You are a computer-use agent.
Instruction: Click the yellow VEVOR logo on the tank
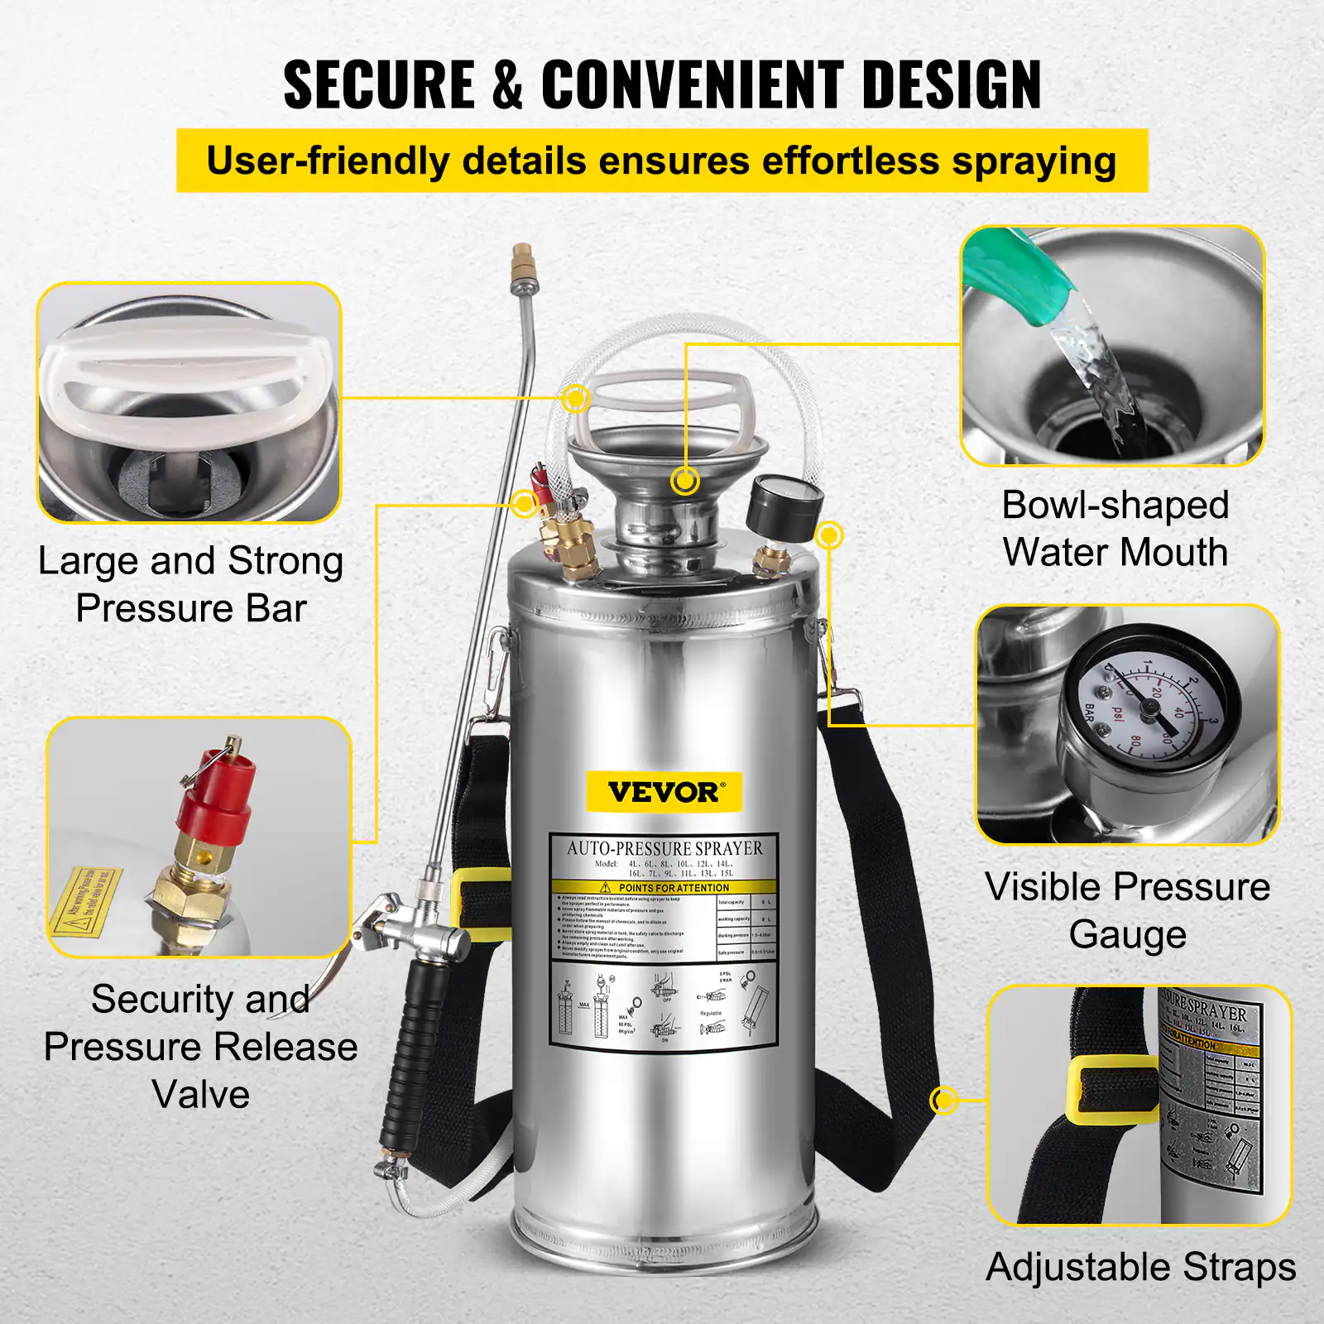(x=664, y=792)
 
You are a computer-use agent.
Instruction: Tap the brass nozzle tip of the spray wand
(x=522, y=263)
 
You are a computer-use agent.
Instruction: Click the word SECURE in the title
(x=379, y=84)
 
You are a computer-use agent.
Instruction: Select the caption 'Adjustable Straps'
(x=1140, y=1267)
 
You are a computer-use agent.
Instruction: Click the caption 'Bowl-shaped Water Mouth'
(x=1115, y=529)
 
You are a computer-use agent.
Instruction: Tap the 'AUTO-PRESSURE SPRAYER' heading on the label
(x=664, y=849)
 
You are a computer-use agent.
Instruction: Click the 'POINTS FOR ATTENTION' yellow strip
(x=664, y=887)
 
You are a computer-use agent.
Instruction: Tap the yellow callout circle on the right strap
(x=943, y=1100)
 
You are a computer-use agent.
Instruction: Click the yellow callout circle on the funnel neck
(x=685, y=480)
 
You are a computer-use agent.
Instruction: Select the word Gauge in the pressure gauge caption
(x=1127, y=935)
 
